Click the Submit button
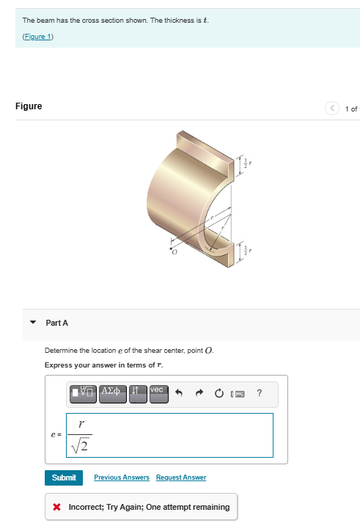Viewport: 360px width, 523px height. point(64,478)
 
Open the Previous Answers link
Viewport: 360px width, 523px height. point(122,478)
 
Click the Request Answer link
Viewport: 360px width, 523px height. point(181,478)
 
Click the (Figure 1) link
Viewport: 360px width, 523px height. point(38,36)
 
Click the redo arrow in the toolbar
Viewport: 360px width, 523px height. point(199,393)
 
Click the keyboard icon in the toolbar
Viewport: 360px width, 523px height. point(236,393)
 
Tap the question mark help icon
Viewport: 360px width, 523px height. point(259,393)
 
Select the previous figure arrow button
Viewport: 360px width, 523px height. point(334,109)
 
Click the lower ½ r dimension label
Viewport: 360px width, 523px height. point(248,249)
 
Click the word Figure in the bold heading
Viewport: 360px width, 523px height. point(29,106)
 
